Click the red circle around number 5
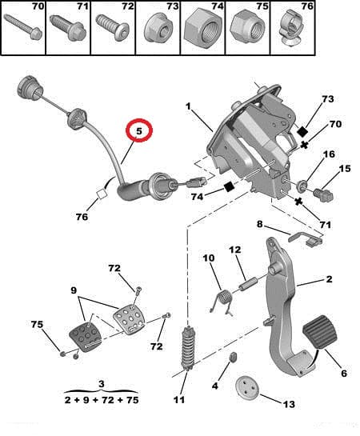(140, 130)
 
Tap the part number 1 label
(189, 106)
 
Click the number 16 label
(329, 154)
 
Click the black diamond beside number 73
(302, 130)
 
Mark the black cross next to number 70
(304, 145)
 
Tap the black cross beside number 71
(298, 202)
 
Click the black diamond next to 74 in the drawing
(229, 187)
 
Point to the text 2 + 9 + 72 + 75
(101, 398)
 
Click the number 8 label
(260, 224)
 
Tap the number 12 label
(235, 250)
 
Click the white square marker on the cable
(102, 192)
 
